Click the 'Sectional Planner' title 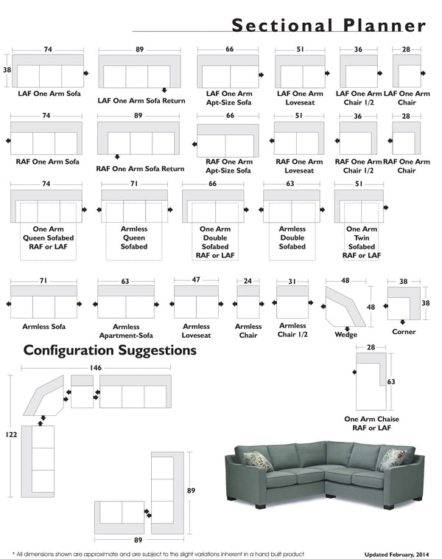coord(329,25)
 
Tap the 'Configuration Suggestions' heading coord(110,350)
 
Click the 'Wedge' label coord(345,335)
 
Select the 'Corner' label coord(404,332)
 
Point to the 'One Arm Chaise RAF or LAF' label coord(372,423)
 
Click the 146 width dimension coord(96,367)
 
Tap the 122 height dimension coord(10,435)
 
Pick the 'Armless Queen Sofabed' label coord(134,237)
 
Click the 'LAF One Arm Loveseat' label coord(300,99)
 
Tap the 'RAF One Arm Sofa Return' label coord(141,169)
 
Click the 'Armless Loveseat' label coord(197,331)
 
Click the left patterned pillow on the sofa coord(258,461)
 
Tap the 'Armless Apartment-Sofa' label coord(125,331)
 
